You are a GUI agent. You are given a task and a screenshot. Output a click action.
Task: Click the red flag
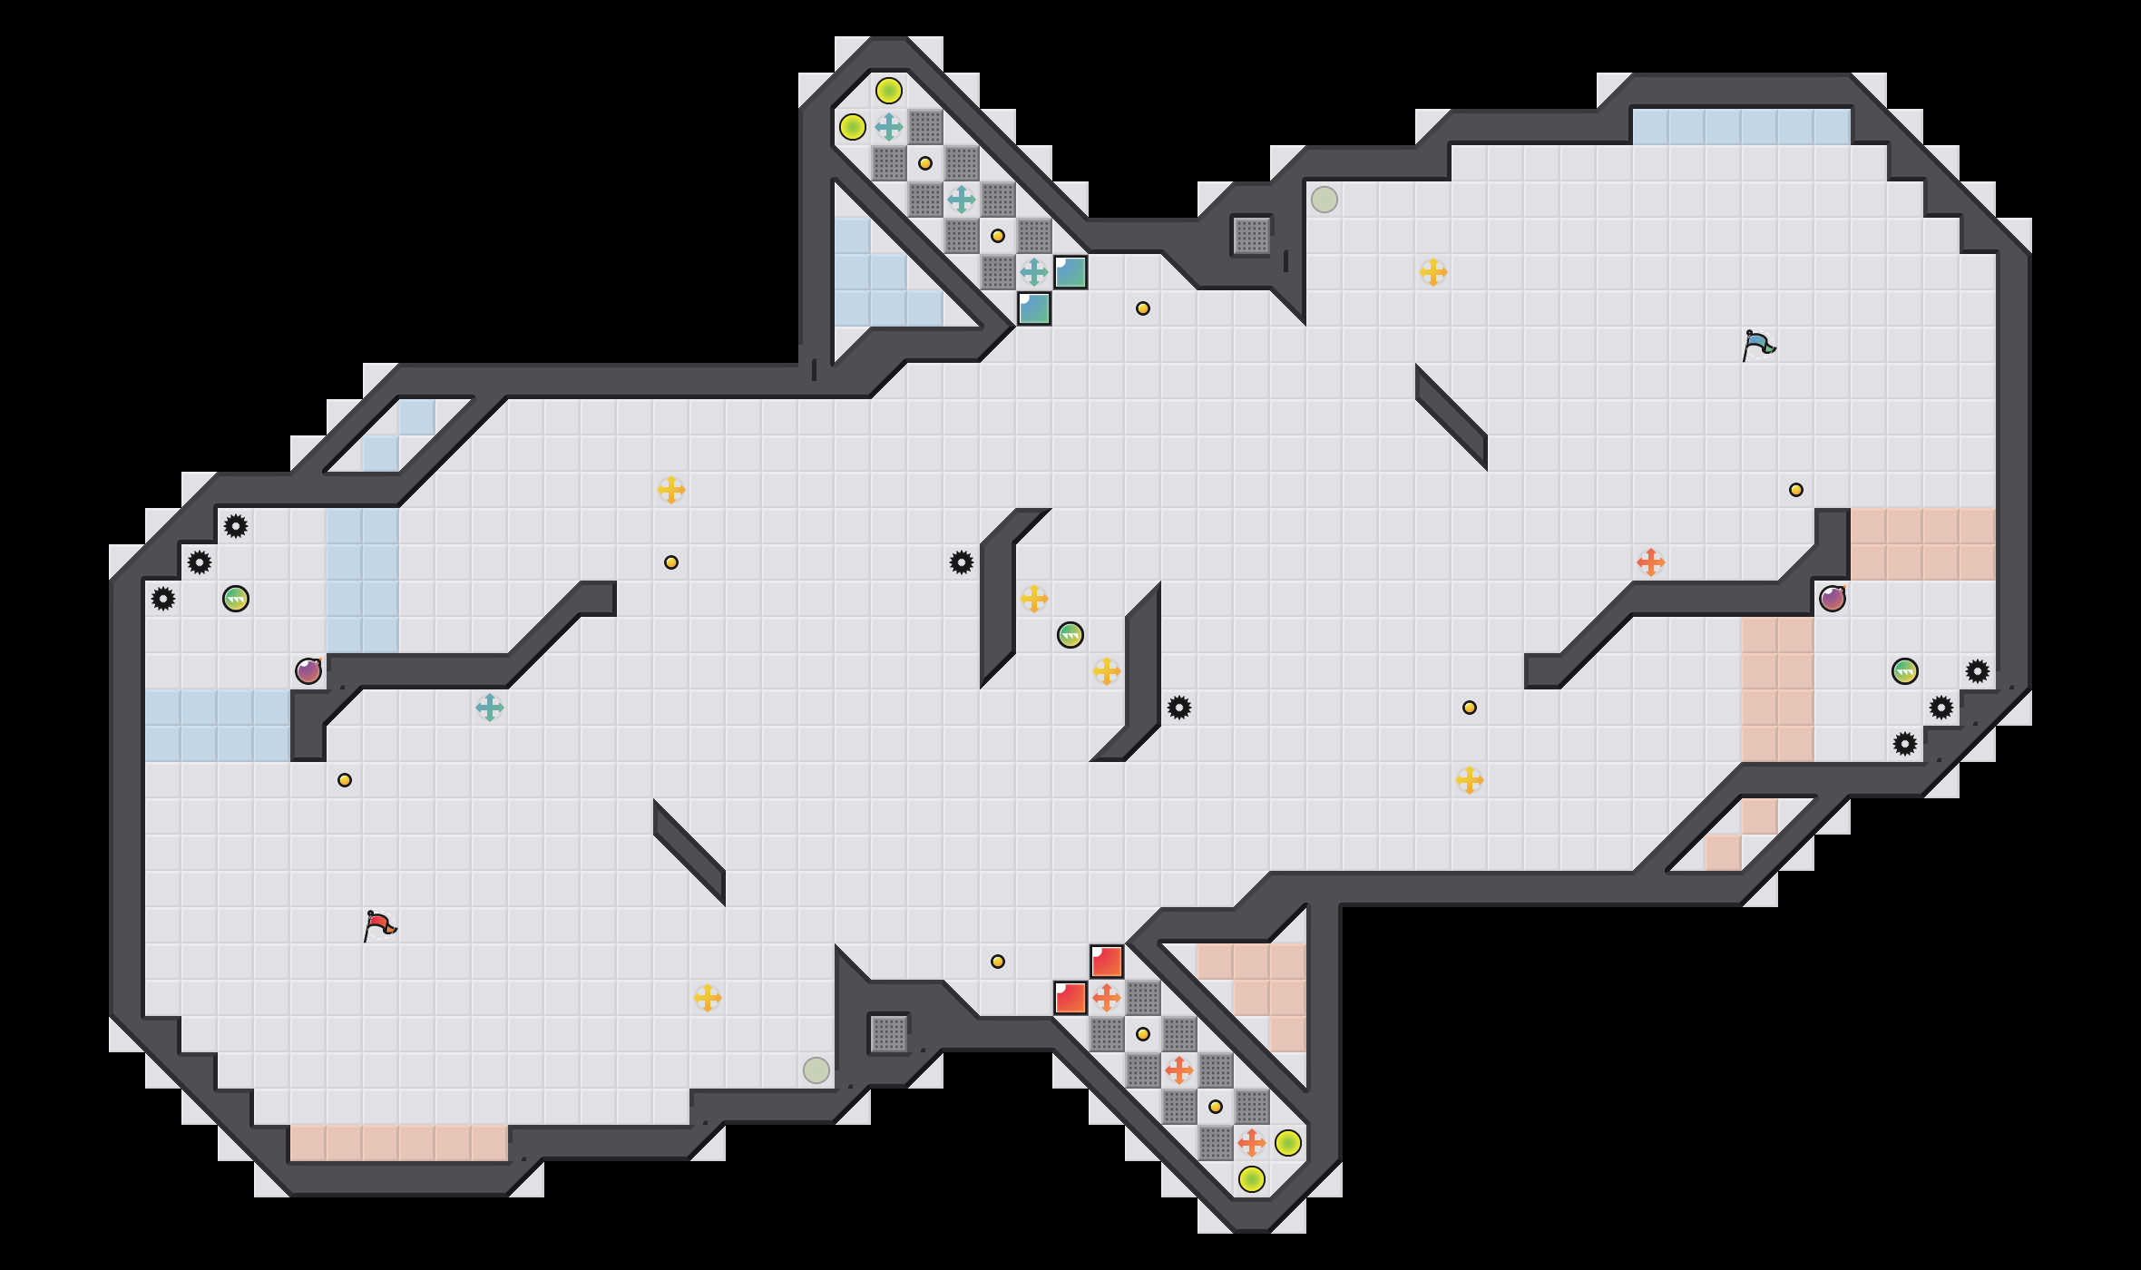pyautogui.click(x=379, y=926)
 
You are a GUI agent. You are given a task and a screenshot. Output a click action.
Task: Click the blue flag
pyautogui.click(x=1758, y=346)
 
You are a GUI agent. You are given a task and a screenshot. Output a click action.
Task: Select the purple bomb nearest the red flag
pyautogui.click(x=308, y=671)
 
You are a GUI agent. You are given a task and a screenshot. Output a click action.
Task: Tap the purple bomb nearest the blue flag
pyautogui.click(x=1833, y=599)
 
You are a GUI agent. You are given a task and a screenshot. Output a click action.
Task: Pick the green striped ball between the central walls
pyautogui.click(x=1070, y=635)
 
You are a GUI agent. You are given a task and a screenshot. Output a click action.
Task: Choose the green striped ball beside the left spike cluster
pyautogui.click(x=236, y=599)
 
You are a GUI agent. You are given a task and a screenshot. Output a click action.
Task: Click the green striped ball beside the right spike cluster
pyautogui.click(x=1905, y=671)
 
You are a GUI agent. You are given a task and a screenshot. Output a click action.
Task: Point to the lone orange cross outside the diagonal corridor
pyautogui.click(x=1651, y=562)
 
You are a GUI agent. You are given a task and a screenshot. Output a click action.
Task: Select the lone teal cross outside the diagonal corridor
pyautogui.click(x=490, y=708)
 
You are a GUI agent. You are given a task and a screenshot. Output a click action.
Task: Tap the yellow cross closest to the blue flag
pyautogui.click(x=1433, y=272)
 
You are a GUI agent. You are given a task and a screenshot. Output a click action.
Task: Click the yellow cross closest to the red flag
pyautogui.click(x=708, y=998)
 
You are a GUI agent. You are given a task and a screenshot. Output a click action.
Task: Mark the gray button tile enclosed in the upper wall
pyautogui.click(x=1252, y=236)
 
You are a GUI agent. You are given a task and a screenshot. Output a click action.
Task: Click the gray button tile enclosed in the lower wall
pyautogui.click(x=889, y=1034)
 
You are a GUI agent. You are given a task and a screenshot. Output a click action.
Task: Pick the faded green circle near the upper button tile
pyautogui.click(x=1325, y=200)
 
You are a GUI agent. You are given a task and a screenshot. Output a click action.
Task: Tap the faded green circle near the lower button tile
pyautogui.click(x=816, y=1070)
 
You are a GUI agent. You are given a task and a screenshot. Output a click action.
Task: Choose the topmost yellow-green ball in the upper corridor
pyautogui.click(x=889, y=91)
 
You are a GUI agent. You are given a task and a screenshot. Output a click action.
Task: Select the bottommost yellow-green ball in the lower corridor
pyautogui.click(x=1252, y=1179)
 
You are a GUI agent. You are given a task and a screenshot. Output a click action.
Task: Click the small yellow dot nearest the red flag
pyautogui.click(x=345, y=780)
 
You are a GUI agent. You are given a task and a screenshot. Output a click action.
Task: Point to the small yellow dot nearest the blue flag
pyautogui.click(x=1796, y=490)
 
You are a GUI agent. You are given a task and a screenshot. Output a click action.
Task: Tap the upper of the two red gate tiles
pyautogui.click(x=1107, y=962)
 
